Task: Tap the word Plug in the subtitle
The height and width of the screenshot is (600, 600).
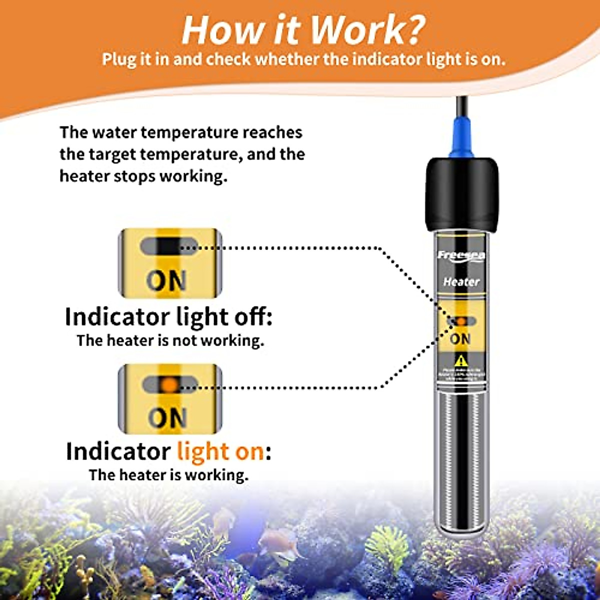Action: (x=120, y=59)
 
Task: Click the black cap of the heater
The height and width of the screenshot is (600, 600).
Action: (x=461, y=192)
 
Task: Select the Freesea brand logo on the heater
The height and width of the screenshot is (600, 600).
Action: (x=461, y=255)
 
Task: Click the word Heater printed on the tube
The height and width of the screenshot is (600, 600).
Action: (x=461, y=282)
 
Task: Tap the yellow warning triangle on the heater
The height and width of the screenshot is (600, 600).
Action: (x=460, y=360)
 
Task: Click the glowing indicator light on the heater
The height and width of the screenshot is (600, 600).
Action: (x=461, y=321)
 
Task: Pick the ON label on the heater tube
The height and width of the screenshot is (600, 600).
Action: (x=460, y=339)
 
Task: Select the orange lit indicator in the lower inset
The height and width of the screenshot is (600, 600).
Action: (x=170, y=384)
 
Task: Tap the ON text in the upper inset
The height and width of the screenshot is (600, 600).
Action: (x=166, y=281)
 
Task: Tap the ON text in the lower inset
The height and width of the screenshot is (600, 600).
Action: (x=167, y=418)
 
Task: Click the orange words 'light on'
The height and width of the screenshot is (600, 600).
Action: (x=220, y=451)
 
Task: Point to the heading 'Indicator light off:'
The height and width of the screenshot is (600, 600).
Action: (x=168, y=317)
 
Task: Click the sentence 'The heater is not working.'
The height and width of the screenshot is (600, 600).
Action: (x=170, y=341)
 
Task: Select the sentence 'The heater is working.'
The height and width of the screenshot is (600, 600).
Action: (x=168, y=475)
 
